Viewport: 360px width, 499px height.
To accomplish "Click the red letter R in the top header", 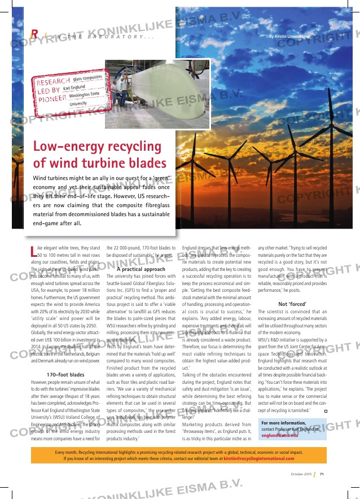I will click(x=34, y=35).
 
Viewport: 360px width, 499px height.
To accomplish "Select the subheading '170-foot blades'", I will click(x=65, y=374).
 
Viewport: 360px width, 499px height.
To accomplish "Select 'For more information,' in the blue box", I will click(x=283, y=438).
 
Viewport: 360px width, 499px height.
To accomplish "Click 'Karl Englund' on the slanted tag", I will click(x=74, y=87).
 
